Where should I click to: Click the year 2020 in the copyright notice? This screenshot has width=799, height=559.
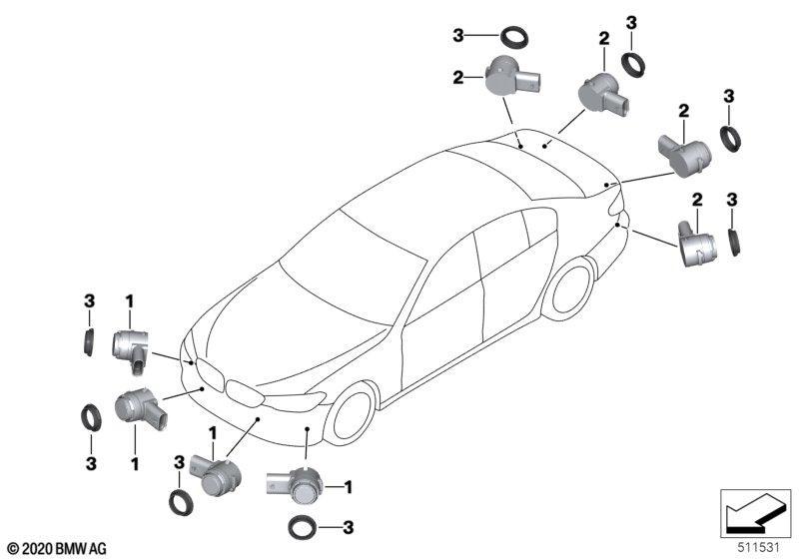pos(37,549)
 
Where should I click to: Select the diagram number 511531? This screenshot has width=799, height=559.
pos(759,548)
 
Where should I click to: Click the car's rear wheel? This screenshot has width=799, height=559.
pos(570,288)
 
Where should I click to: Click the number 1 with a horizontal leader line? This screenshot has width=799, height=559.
pos(348,487)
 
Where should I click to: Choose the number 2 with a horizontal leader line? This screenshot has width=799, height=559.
pos(458,78)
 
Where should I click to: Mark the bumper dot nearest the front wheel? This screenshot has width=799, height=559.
pos(308,429)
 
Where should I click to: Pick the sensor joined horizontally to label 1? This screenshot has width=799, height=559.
pos(295,486)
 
